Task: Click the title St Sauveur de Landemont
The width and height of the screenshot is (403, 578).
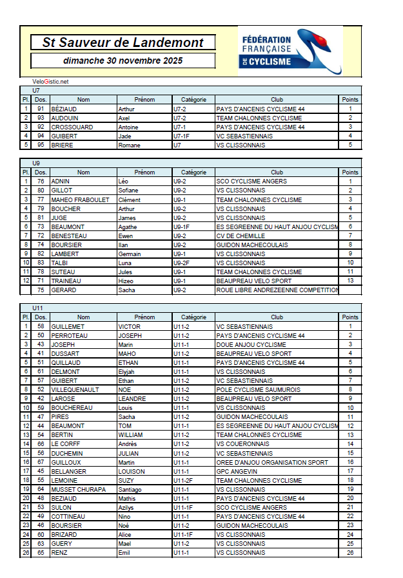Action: [x=123, y=43]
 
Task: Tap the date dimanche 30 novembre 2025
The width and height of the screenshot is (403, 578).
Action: [x=123, y=61]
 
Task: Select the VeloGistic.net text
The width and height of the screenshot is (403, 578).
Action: [x=50, y=82]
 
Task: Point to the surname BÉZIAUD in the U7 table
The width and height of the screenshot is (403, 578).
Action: [x=64, y=109]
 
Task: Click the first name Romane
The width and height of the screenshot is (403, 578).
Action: [x=130, y=145]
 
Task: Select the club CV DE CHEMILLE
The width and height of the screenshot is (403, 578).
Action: [x=241, y=236]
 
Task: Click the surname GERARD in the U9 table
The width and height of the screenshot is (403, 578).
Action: [x=63, y=290]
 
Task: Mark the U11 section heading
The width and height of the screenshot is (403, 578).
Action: [x=37, y=308]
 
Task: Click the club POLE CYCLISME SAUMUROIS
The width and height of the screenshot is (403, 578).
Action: [x=258, y=390]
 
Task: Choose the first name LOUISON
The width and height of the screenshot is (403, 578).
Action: [x=132, y=472]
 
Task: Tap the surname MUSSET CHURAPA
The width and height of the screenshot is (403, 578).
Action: [x=78, y=490]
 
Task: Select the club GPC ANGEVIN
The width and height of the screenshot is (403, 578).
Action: [x=237, y=472]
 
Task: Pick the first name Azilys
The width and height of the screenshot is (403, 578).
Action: [x=127, y=508]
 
